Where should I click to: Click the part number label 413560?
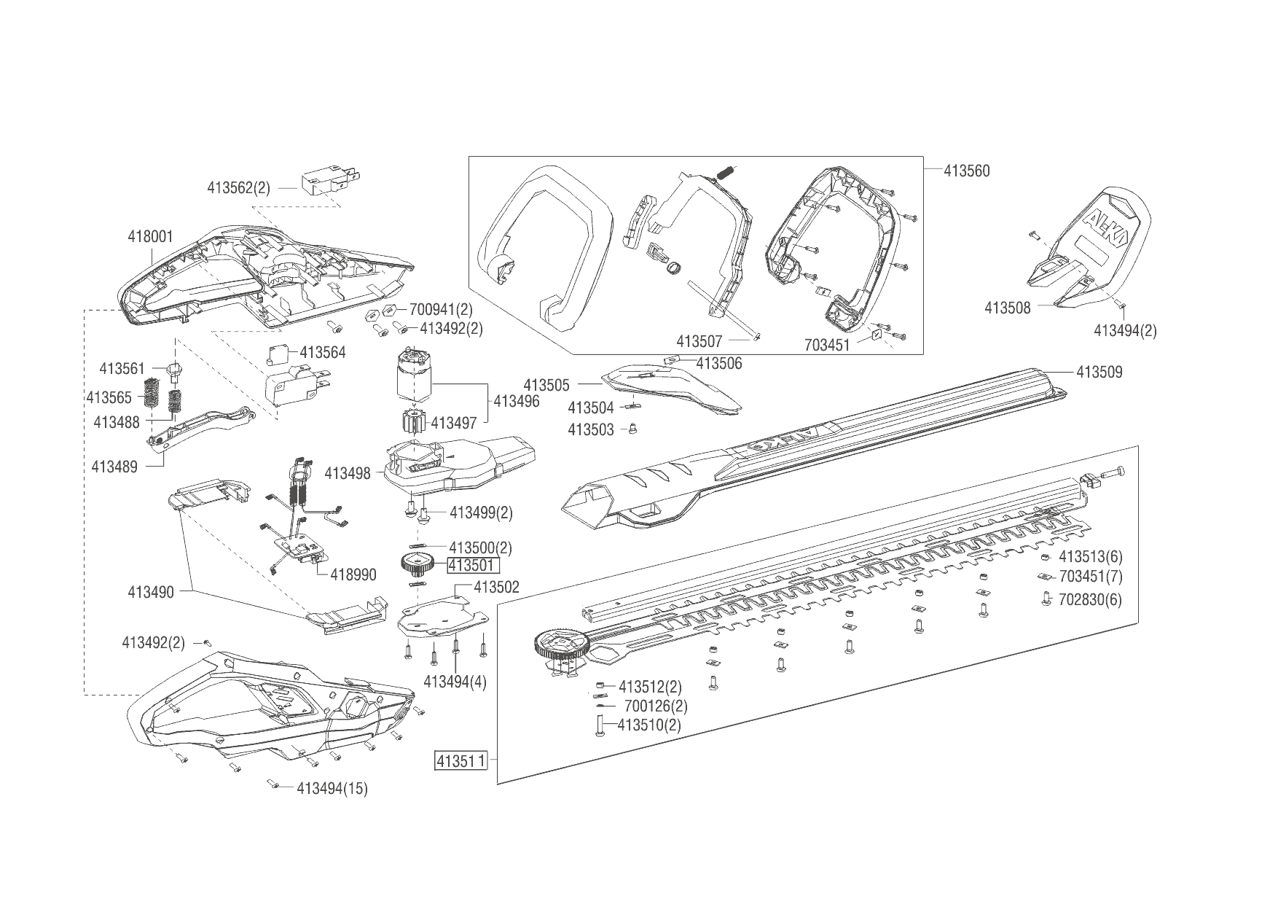click(967, 171)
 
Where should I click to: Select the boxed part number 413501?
click(473, 565)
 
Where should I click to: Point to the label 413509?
click(1099, 373)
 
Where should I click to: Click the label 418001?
click(150, 237)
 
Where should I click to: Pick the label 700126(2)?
click(656, 706)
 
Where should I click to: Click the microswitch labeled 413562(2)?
click(324, 180)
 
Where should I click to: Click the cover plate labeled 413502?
click(441, 617)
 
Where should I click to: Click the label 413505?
click(546, 385)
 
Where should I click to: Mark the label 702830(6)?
click(1090, 600)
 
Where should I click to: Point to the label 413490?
click(151, 592)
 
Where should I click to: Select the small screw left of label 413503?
click(633, 429)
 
